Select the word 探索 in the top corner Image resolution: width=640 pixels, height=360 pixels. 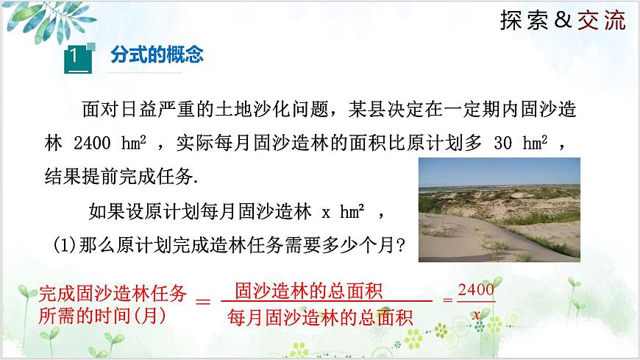tap(524, 21)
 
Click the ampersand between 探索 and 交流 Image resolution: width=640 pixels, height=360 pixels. tap(563, 21)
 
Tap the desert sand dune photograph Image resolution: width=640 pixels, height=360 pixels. tap(499, 209)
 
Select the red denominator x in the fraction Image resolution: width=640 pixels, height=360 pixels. tap(476, 314)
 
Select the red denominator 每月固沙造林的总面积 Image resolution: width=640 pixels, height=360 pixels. tap(321, 318)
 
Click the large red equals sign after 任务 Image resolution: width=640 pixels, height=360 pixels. tap(202, 303)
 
